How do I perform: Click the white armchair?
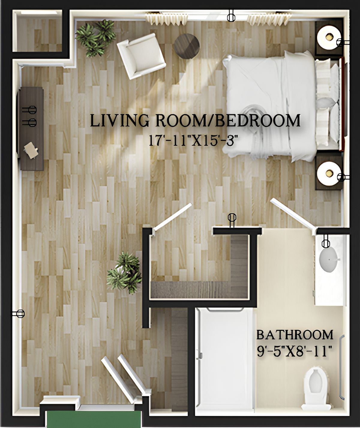tap(141, 56)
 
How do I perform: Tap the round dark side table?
tap(187, 46)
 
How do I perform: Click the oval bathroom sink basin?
tap(329, 259)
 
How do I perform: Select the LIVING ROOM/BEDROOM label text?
tap(195, 121)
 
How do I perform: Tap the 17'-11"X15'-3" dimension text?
tap(194, 141)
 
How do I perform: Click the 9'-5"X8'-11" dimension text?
tap(294, 351)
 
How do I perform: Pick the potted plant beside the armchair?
tap(96, 38)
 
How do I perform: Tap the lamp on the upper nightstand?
tap(329, 37)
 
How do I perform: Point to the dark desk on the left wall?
tap(32, 129)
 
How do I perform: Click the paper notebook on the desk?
tap(31, 150)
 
